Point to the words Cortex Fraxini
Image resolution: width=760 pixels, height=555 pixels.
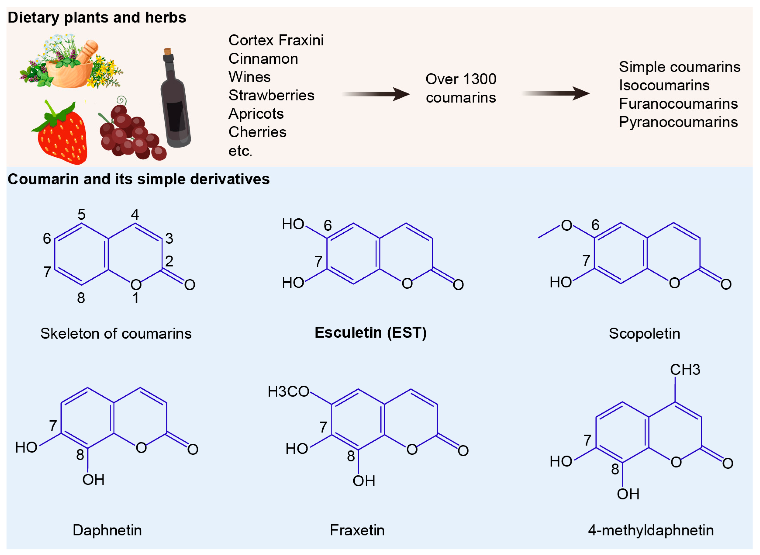pyautogui.click(x=276, y=40)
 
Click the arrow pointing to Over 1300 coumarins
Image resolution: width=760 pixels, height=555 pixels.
pyautogui.click(x=376, y=94)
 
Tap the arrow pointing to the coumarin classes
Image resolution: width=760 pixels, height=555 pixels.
pyautogui.click(x=556, y=93)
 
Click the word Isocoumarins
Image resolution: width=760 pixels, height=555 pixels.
pyautogui.click(x=664, y=85)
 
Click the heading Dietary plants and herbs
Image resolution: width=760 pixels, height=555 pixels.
pyautogui.click(x=97, y=17)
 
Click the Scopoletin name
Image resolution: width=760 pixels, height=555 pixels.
pyautogui.click(x=644, y=334)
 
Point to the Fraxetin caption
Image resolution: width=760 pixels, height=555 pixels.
pyautogui.click(x=357, y=530)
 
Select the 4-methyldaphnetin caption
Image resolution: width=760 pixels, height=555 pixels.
pyautogui.click(x=651, y=530)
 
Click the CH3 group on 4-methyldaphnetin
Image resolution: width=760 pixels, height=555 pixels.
pyautogui.click(x=685, y=370)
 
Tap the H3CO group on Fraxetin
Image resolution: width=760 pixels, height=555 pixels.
pyautogui.click(x=288, y=392)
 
